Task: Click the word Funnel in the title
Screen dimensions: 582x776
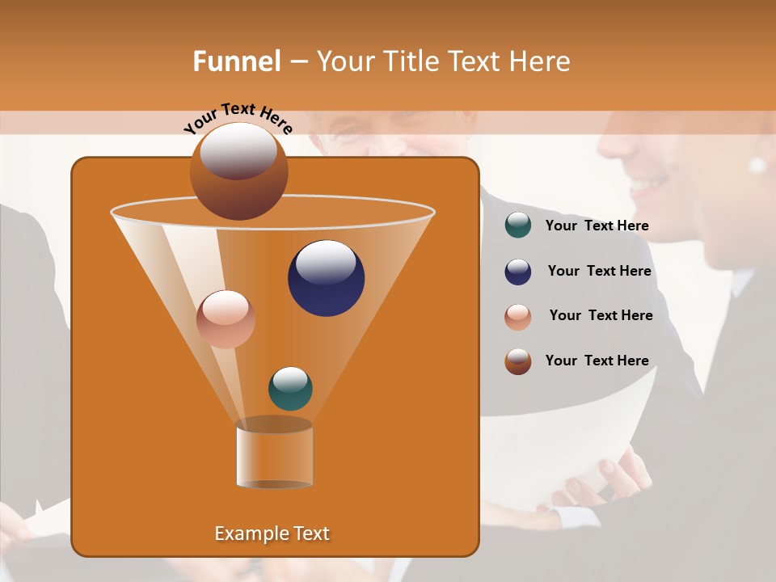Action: pos(236,61)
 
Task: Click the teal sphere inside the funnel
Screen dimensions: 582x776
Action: pos(290,390)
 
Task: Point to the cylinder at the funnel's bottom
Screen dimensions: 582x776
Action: pos(274,454)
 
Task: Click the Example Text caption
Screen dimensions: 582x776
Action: pos(272,533)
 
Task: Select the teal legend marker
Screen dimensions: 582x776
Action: pos(518,226)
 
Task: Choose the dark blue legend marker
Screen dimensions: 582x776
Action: pos(518,272)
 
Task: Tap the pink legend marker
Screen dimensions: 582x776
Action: pos(518,317)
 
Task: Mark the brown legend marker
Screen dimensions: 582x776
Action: pos(518,361)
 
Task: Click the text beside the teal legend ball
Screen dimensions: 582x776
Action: pos(597,226)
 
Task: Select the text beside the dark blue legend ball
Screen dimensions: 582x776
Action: pos(599,271)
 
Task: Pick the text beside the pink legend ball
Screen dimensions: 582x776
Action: pos(601,315)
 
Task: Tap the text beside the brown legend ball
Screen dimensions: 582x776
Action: pos(597,361)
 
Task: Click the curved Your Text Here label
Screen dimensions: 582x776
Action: pos(238,116)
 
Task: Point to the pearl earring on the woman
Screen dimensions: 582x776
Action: pos(757,165)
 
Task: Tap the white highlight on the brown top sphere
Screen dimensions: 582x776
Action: pos(238,150)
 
